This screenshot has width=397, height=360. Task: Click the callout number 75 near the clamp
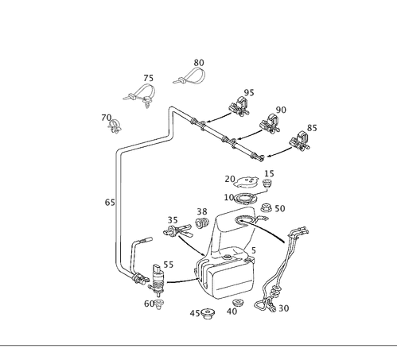tap(148, 79)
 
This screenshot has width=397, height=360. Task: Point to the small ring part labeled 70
tap(114, 125)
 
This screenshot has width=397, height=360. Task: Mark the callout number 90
tap(280, 110)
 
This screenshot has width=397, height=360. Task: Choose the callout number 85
tap(249, 93)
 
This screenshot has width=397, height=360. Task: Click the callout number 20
tap(230, 179)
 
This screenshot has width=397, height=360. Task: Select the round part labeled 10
tap(247, 197)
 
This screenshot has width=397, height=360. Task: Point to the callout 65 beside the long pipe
tap(110, 203)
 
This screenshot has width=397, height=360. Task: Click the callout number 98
tap(202, 211)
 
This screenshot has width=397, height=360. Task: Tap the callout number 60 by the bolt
tap(148, 303)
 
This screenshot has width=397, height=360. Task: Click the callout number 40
tap(232, 311)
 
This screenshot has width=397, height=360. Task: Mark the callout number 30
tap(284, 308)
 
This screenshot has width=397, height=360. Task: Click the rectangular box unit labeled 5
tap(229, 274)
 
